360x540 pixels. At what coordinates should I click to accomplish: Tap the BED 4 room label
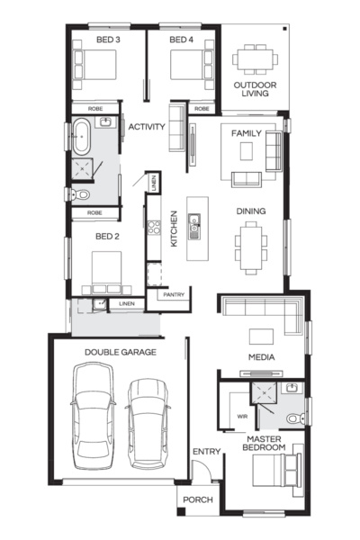181,40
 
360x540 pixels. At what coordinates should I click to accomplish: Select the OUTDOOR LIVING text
255,90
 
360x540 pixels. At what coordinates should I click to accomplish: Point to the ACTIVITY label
147,127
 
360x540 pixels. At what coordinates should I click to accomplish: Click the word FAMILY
246,133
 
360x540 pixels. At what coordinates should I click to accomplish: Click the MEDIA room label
262,357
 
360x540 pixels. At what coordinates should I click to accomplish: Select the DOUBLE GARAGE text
120,353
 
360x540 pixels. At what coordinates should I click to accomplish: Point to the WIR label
241,417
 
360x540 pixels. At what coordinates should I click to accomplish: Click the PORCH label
197,500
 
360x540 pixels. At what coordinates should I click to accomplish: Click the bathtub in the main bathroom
82,135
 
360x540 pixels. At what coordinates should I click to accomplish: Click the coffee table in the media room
262,336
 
